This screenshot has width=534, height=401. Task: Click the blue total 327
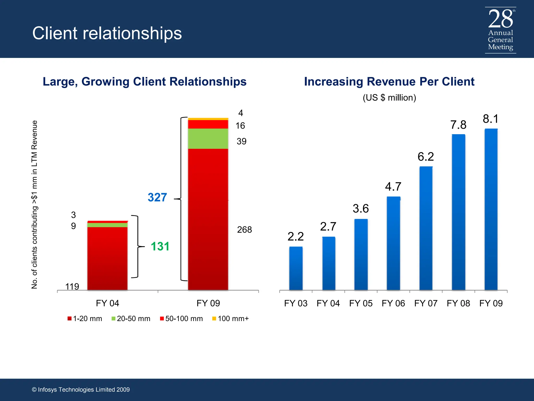pos(157,197)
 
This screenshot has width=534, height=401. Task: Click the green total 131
pos(160,246)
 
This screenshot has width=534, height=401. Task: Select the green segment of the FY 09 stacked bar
pos(208,139)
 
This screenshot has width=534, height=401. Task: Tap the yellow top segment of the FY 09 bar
pos(208,119)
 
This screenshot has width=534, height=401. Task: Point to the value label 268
pos(244,230)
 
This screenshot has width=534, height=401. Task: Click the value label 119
pos(72,287)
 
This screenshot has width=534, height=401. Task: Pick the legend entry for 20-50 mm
pos(131,319)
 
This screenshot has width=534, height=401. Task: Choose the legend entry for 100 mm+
pos(230,319)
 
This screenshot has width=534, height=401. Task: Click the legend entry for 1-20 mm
pos(85,319)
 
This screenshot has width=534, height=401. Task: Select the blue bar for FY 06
pos(393,243)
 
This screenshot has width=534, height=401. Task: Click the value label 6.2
pos(426,157)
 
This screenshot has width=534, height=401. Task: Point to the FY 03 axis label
pos(296,303)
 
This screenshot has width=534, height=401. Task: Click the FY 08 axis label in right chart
pos(458,303)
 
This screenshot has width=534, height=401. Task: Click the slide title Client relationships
pos(107,33)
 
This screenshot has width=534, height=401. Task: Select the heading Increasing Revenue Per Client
pos(389,82)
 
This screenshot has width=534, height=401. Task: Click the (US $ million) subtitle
pos(389,98)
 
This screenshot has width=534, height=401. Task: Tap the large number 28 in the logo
pos(500,19)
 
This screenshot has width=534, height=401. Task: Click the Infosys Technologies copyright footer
pos(81,390)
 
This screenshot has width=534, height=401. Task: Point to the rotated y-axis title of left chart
pos(34,204)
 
